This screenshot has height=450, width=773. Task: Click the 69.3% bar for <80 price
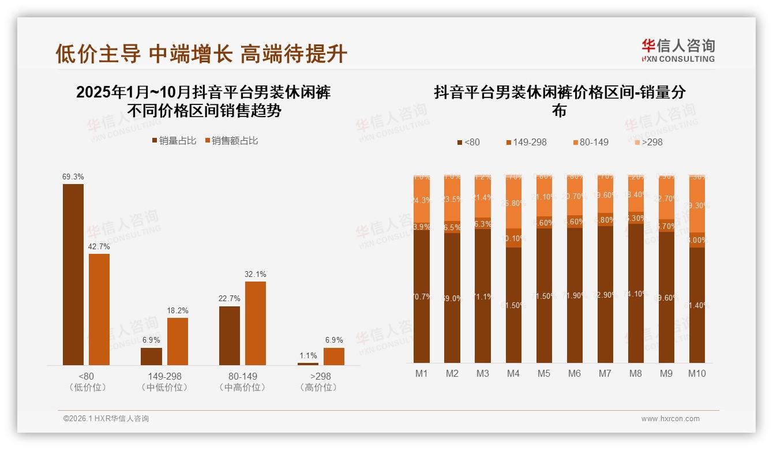[x=73, y=274]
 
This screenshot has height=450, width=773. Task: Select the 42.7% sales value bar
[x=99, y=309]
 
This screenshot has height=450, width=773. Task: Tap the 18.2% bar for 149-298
[x=177, y=341]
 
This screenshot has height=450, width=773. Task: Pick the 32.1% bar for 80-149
[x=256, y=323]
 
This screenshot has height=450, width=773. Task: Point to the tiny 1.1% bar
[x=308, y=363]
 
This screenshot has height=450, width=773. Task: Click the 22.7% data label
[x=230, y=298]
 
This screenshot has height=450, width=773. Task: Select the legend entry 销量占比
[x=174, y=141]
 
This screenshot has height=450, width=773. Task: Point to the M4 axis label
[x=513, y=373]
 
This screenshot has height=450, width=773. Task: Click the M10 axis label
[x=697, y=373]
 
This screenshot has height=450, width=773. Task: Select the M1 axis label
[x=422, y=373]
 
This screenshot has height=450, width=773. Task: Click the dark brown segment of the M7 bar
[x=605, y=294]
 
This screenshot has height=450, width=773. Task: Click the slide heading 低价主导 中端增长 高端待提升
[x=201, y=54]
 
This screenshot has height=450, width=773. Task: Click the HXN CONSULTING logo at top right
[x=678, y=51]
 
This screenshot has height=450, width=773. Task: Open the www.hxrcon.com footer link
[x=670, y=419]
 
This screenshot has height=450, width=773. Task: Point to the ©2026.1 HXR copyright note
[x=106, y=419]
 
